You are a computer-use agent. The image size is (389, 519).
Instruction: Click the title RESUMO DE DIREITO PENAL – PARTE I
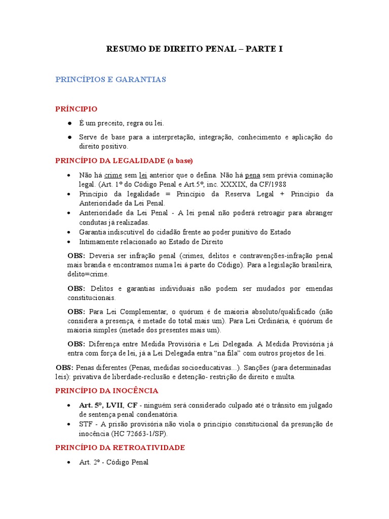pos(194,49)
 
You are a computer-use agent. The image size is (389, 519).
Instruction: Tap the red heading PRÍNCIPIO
pos(76,109)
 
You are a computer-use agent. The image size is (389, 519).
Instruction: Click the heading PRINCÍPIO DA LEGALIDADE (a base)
pos(124,161)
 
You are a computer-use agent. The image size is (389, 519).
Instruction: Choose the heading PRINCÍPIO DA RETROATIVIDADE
pos(120,448)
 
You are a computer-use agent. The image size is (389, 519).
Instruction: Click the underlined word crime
pos(113,175)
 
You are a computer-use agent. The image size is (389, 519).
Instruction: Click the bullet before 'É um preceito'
pos(69,123)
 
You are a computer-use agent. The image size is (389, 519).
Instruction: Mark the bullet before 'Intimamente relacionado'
pos(69,242)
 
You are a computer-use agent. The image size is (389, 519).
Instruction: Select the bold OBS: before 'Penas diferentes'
pos(65,367)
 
